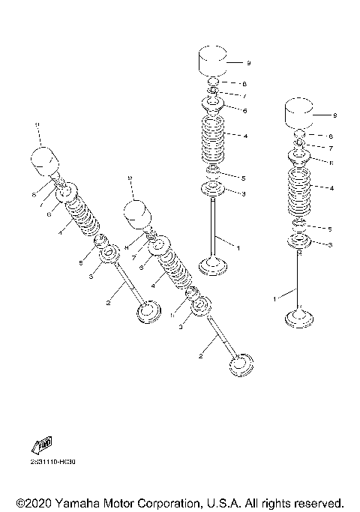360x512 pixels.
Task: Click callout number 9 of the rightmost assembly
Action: (x=334, y=115)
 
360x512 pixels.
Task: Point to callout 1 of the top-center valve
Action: (x=238, y=247)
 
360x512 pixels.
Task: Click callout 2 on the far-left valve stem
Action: (x=109, y=301)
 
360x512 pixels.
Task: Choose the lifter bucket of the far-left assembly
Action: (x=43, y=160)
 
